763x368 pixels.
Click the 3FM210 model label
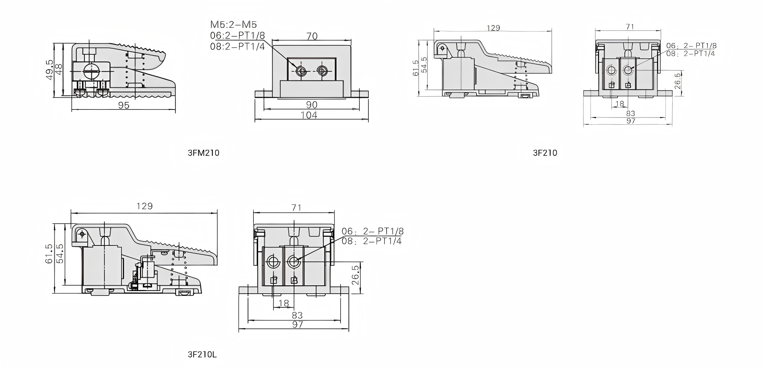[203, 153]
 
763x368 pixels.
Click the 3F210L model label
[202, 355]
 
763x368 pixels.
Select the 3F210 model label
[545, 153]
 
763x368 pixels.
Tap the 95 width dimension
[124, 105]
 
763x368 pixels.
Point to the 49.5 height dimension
[50, 69]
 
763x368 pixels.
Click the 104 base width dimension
[309, 115]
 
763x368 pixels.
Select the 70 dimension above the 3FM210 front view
[312, 36]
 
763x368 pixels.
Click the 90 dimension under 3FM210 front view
[312, 105]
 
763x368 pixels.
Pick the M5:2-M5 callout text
[233, 25]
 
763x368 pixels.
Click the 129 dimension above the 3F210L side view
[144, 206]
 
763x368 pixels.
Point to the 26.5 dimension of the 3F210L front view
[355, 275]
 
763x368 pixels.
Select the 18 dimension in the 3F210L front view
[284, 303]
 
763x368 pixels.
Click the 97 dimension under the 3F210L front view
[297, 325]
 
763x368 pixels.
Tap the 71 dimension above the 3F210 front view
[630, 26]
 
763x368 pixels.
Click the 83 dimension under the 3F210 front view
[631, 113]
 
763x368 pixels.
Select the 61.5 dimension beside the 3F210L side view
[50, 253]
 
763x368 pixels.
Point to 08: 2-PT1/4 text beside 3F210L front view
[372, 241]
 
